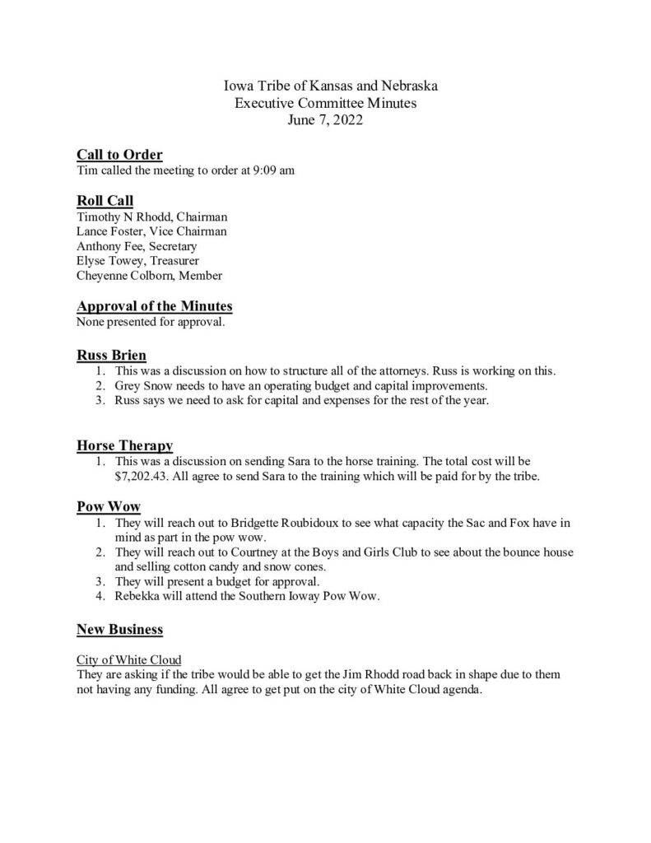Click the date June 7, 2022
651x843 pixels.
[x=325, y=119]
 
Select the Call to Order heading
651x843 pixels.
[x=119, y=155]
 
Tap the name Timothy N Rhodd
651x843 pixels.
[x=120, y=217]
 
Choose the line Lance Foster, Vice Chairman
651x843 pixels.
[x=151, y=231]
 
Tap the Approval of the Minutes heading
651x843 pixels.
[x=155, y=306]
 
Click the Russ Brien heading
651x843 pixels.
[x=111, y=356]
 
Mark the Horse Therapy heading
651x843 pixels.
[x=125, y=446]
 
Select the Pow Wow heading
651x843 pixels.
[x=102, y=506]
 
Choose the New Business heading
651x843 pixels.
[x=119, y=630]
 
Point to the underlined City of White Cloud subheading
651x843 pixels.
[x=129, y=660]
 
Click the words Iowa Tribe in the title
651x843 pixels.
[x=259, y=86]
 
